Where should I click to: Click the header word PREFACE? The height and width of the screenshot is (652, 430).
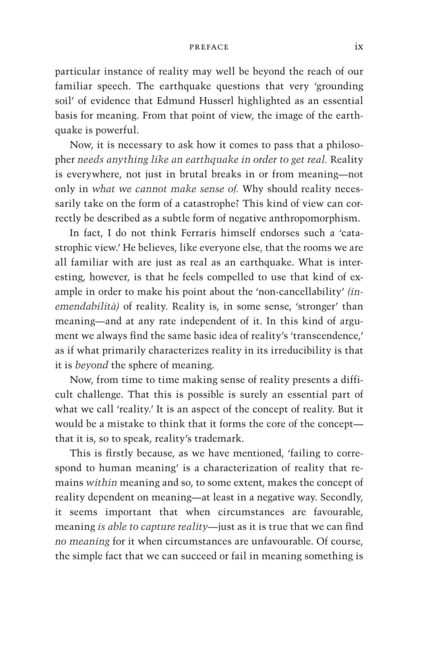point(209,47)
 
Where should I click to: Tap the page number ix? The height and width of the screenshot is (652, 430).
point(359,47)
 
